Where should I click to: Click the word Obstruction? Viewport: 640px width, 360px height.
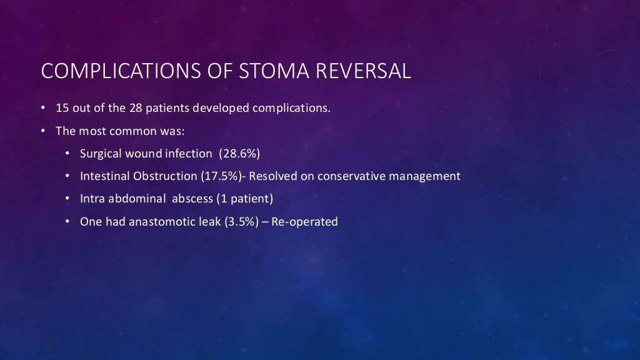coord(166,176)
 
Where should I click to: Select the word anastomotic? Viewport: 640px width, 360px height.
coord(159,221)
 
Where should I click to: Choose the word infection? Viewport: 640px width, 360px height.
coord(188,154)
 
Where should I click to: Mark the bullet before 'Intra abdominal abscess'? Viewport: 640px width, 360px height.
coord(67,199)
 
